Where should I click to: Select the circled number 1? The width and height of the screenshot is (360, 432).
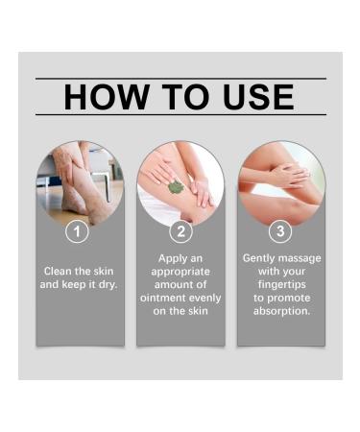click(x=80, y=231)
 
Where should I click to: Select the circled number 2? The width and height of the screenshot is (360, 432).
click(x=180, y=231)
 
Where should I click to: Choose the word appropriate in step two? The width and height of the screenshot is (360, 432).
click(x=180, y=272)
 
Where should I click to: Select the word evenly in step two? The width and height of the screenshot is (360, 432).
click(x=204, y=299)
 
